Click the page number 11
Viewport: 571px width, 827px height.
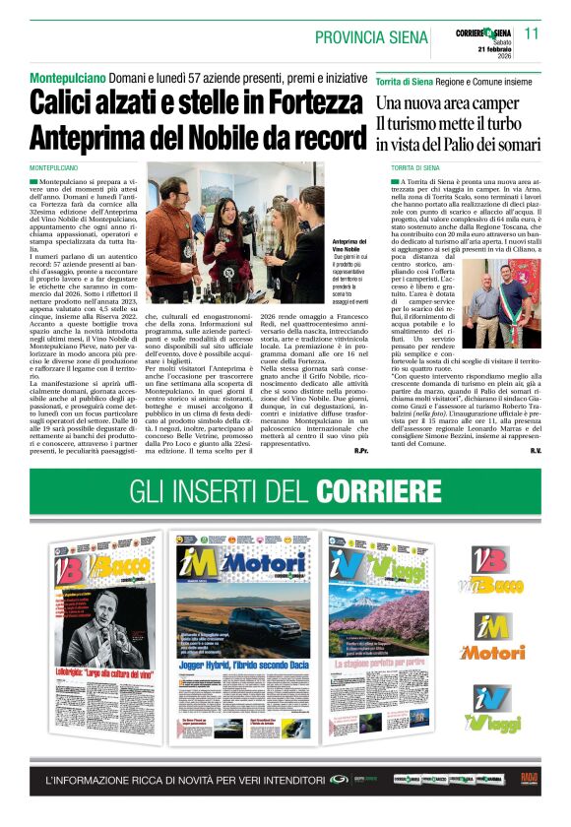(x=532, y=32)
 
